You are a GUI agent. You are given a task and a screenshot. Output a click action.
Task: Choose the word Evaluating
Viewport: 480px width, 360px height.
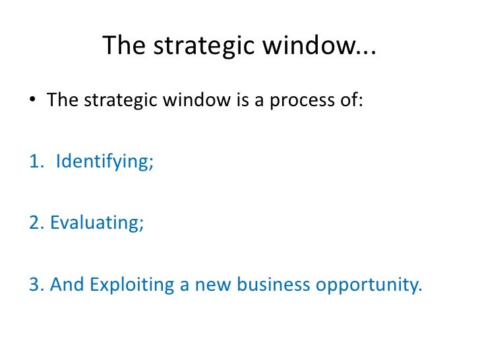[x=97, y=223]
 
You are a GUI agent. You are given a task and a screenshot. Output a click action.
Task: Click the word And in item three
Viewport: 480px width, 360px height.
[x=68, y=284]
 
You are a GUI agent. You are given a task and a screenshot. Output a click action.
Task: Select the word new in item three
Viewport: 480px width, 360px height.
[x=206, y=284]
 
